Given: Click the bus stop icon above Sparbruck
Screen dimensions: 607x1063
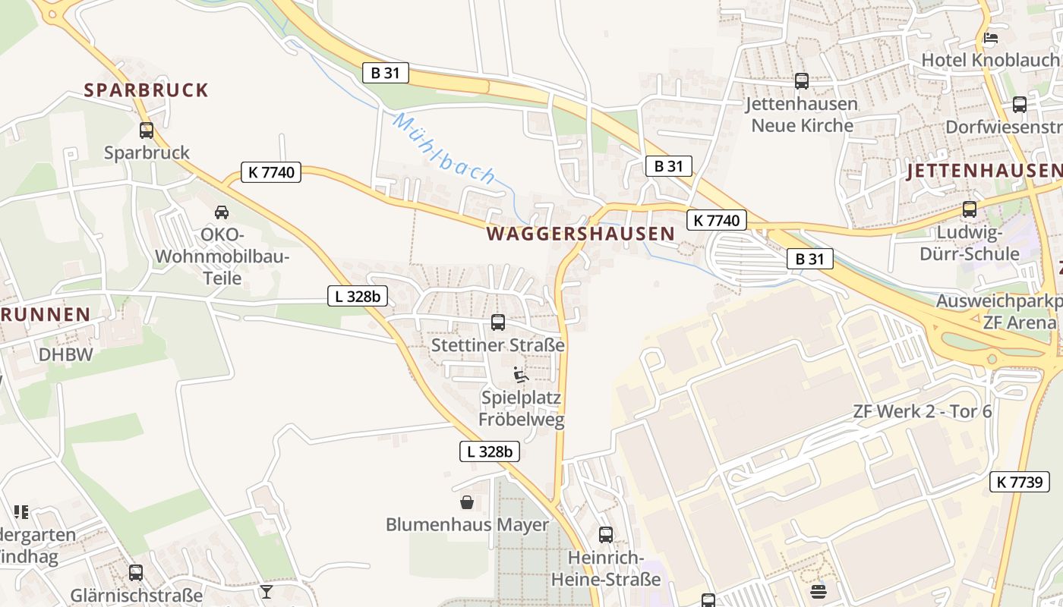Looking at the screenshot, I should pos(147,131).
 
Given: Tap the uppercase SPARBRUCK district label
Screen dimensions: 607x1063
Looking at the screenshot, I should pos(146,90).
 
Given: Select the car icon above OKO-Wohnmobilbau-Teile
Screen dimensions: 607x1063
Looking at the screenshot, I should pos(222,212).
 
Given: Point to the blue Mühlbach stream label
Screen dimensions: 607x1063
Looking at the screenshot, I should pos(445,149).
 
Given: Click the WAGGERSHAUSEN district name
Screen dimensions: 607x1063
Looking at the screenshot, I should pos(581,234).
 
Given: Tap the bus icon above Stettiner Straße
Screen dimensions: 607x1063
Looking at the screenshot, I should pos(498,322).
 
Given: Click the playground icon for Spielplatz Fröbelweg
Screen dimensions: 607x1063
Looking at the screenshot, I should pos(521,375).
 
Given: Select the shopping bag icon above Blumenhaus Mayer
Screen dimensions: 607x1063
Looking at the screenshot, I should pos(467,502).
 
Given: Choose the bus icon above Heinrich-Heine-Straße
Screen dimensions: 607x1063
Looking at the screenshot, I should pos(606,535).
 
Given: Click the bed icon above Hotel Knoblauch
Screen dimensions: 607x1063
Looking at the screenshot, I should pos(990,37).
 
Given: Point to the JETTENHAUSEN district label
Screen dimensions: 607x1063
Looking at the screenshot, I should pos(983,171).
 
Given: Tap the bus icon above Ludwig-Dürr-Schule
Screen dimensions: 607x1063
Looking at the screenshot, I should pos(970,209).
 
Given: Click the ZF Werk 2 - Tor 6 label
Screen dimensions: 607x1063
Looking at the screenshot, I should pos(922,412).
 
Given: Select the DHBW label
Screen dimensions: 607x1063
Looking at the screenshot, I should pos(66,354).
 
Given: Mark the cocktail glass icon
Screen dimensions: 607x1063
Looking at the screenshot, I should pos(267,591).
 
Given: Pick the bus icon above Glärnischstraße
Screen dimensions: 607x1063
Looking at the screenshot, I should pos(136,573).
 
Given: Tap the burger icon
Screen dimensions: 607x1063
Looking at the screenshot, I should pos(818,591).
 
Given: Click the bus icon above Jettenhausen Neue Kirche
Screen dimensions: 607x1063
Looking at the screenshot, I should pos(802,81).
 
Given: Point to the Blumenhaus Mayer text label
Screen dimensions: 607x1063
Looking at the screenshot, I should pos(467,524).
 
